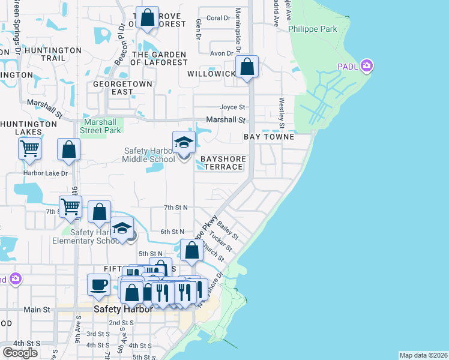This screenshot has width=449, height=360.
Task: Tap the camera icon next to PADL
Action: (366, 66)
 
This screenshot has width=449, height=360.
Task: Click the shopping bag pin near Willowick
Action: (247, 67)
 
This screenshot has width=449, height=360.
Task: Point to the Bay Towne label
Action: (269, 137)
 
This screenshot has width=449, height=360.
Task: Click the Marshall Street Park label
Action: (101, 126)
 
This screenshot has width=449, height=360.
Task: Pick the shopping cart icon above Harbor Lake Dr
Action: (29, 148)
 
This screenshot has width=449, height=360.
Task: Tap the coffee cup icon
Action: (98, 284)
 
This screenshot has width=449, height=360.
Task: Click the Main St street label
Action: (37, 310)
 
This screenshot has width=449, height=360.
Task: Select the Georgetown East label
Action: (113, 88)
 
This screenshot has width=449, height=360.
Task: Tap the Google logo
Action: (20, 353)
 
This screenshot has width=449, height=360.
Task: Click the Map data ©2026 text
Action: (423, 355)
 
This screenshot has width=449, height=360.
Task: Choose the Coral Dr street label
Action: (218, 18)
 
